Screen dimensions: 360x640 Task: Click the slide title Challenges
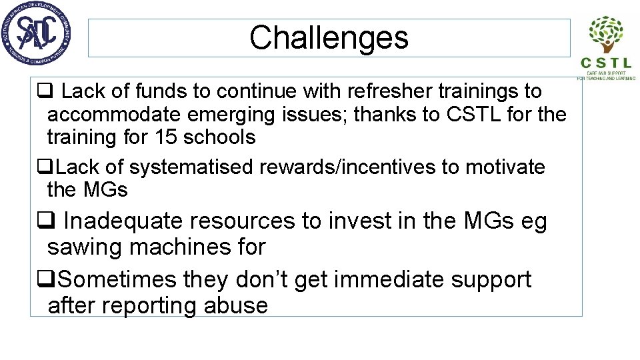pos(329,38)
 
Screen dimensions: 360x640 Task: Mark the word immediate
pos(389,279)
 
